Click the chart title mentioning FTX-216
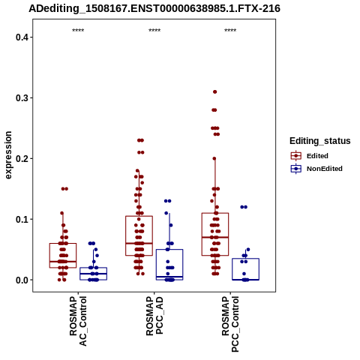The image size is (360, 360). [x=154, y=8]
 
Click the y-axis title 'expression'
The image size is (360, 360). [x=8, y=155]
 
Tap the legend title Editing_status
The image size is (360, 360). [x=320, y=141]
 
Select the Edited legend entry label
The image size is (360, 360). [x=317, y=156]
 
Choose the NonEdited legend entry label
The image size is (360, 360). [x=325, y=169]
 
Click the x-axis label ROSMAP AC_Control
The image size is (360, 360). [x=78, y=321]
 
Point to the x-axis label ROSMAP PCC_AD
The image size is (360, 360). [x=154, y=316]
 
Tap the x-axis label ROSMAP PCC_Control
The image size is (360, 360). [x=230, y=324]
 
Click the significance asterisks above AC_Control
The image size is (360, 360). [x=78, y=31]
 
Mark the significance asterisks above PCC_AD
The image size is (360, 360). [x=154, y=31]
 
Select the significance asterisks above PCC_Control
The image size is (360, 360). [x=230, y=31]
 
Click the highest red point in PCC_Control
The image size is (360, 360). [x=214, y=91]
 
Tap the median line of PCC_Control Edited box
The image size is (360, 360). [x=215, y=237]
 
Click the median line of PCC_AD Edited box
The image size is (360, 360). [x=139, y=243]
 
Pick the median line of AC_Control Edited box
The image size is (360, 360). [x=63, y=261]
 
